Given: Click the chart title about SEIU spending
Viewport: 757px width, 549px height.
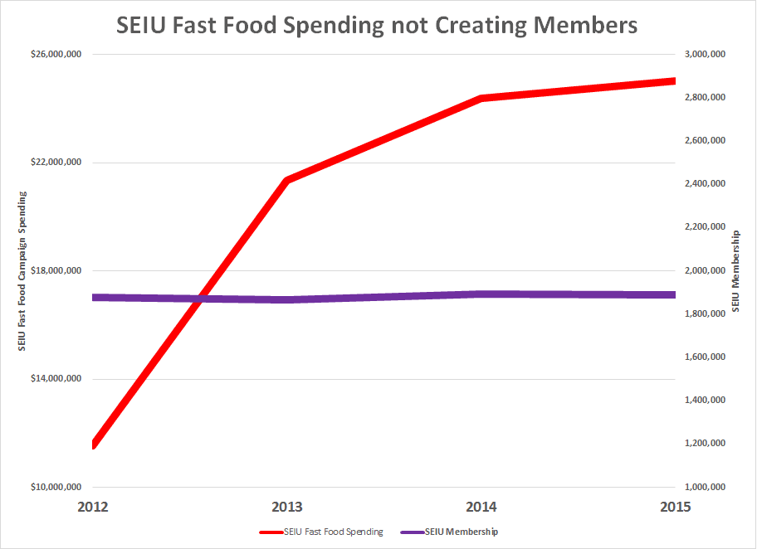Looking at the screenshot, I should pyautogui.click(x=377, y=25).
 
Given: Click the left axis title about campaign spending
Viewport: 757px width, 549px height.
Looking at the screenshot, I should pyautogui.click(x=22, y=270).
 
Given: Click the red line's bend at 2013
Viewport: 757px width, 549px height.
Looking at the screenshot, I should pyautogui.click(x=286, y=180).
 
